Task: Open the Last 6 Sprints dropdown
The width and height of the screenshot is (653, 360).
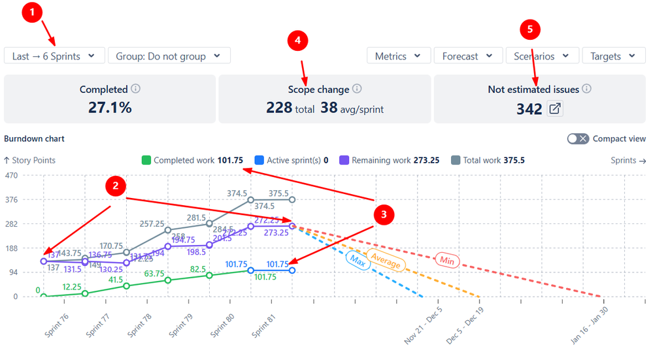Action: tap(54, 56)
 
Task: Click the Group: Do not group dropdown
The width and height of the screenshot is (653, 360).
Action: tap(169, 56)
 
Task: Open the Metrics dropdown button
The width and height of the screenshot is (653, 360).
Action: tap(398, 56)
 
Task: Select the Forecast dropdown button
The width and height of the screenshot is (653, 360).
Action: tap(467, 56)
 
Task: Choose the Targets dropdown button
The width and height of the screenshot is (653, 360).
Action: tap(613, 56)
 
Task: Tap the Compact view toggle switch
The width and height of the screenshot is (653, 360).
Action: tap(578, 139)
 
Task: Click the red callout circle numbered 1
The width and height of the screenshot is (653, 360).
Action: tap(32, 13)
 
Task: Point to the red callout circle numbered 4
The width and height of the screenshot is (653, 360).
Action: tap(297, 41)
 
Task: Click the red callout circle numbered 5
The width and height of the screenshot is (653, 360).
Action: tap(530, 29)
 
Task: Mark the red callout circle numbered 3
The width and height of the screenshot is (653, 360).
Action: tap(384, 214)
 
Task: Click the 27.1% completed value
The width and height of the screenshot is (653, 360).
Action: tap(110, 108)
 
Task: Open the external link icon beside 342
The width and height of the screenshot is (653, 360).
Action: tap(555, 109)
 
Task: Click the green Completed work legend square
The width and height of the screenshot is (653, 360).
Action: tap(146, 160)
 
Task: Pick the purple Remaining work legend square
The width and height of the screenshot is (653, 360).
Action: tap(344, 160)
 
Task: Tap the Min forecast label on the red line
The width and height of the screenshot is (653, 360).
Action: tap(446, 261)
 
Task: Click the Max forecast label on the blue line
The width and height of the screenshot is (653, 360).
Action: tap(357, 260)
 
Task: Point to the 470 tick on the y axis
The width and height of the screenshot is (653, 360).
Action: tap(10, 176)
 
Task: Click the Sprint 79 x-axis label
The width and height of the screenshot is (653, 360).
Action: tap(181, 325)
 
